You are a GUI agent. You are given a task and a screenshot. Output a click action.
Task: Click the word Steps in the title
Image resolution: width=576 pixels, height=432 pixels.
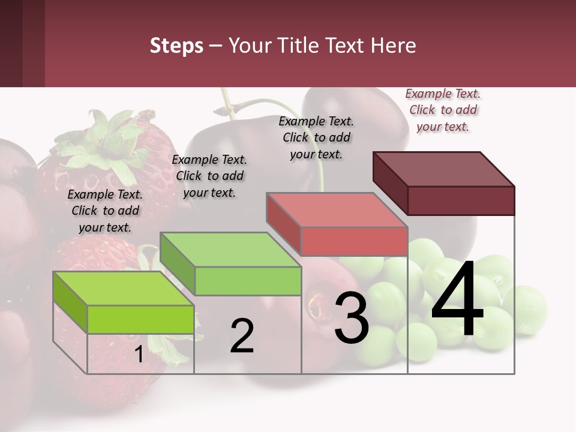click(x=176, y=46)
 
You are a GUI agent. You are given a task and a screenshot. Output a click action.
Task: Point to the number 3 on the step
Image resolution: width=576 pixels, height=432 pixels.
click(x=352, y=317)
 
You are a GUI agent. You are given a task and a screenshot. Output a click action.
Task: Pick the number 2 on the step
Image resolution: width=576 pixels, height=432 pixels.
click(x=242, y=336)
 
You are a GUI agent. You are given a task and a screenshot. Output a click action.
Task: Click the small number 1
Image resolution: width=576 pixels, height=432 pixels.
click(x=139, y=355)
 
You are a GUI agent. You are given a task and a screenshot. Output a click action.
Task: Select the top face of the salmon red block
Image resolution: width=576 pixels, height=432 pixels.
click(x=336, y=209)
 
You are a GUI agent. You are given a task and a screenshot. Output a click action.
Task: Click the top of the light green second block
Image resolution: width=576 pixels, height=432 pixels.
click(x=230, y=249)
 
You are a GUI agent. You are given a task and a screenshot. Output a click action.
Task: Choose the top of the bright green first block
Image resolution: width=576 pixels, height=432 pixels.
click(x=123, y=288)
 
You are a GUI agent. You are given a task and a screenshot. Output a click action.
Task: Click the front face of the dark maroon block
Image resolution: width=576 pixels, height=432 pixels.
click(x=461, y=200)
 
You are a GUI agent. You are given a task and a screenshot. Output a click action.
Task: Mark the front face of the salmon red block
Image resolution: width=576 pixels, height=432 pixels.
click(x=354, y=241)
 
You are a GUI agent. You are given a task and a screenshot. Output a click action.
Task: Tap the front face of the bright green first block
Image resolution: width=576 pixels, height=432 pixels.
click(x=140, y=319)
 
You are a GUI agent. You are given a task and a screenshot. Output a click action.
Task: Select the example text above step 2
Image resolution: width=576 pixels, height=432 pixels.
click(x=209, y=176)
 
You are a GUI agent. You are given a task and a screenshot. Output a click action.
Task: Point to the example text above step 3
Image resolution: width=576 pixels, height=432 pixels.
click(x=316, y=137)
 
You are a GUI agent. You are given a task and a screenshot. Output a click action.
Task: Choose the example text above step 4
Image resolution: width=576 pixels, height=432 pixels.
click(x=443, y=110)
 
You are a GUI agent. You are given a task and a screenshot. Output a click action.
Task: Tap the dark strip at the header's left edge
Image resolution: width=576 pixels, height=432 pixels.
click(x=22, y=43)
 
